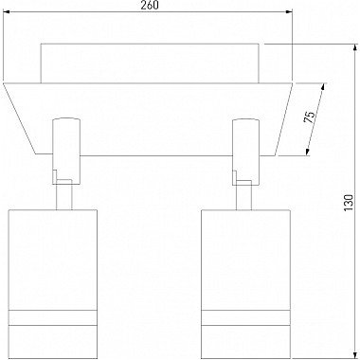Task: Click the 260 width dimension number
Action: [x=149, y=6]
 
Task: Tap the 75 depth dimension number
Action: [x=310, y=117]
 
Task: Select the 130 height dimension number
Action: [x=348, y=203]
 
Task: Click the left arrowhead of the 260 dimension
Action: [x=7, y=12]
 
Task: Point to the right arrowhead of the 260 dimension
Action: [x=289, y=12]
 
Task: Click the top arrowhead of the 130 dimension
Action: [x=354, y=48]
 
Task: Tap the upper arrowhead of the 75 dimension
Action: [x=323, y=87]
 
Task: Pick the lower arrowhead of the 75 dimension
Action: [x=307, y=152]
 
